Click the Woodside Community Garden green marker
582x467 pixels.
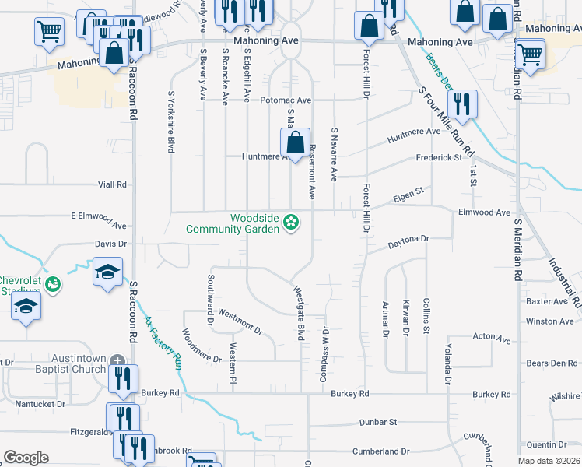(x=291, y=223)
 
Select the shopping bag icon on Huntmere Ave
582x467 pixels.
(x=295, y=143)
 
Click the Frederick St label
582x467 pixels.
(x=439, y=157)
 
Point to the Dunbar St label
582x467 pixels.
(x=378, y=422)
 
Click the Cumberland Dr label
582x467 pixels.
(x=383, y=451)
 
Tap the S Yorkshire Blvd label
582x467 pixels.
(x=170, y=122)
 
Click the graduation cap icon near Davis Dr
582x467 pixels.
(x=108, y=271)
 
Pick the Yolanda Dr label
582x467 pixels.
(x=447, y=364)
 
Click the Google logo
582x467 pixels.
(x=26, y=458)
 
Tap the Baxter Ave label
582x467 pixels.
(x=548, y=301)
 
